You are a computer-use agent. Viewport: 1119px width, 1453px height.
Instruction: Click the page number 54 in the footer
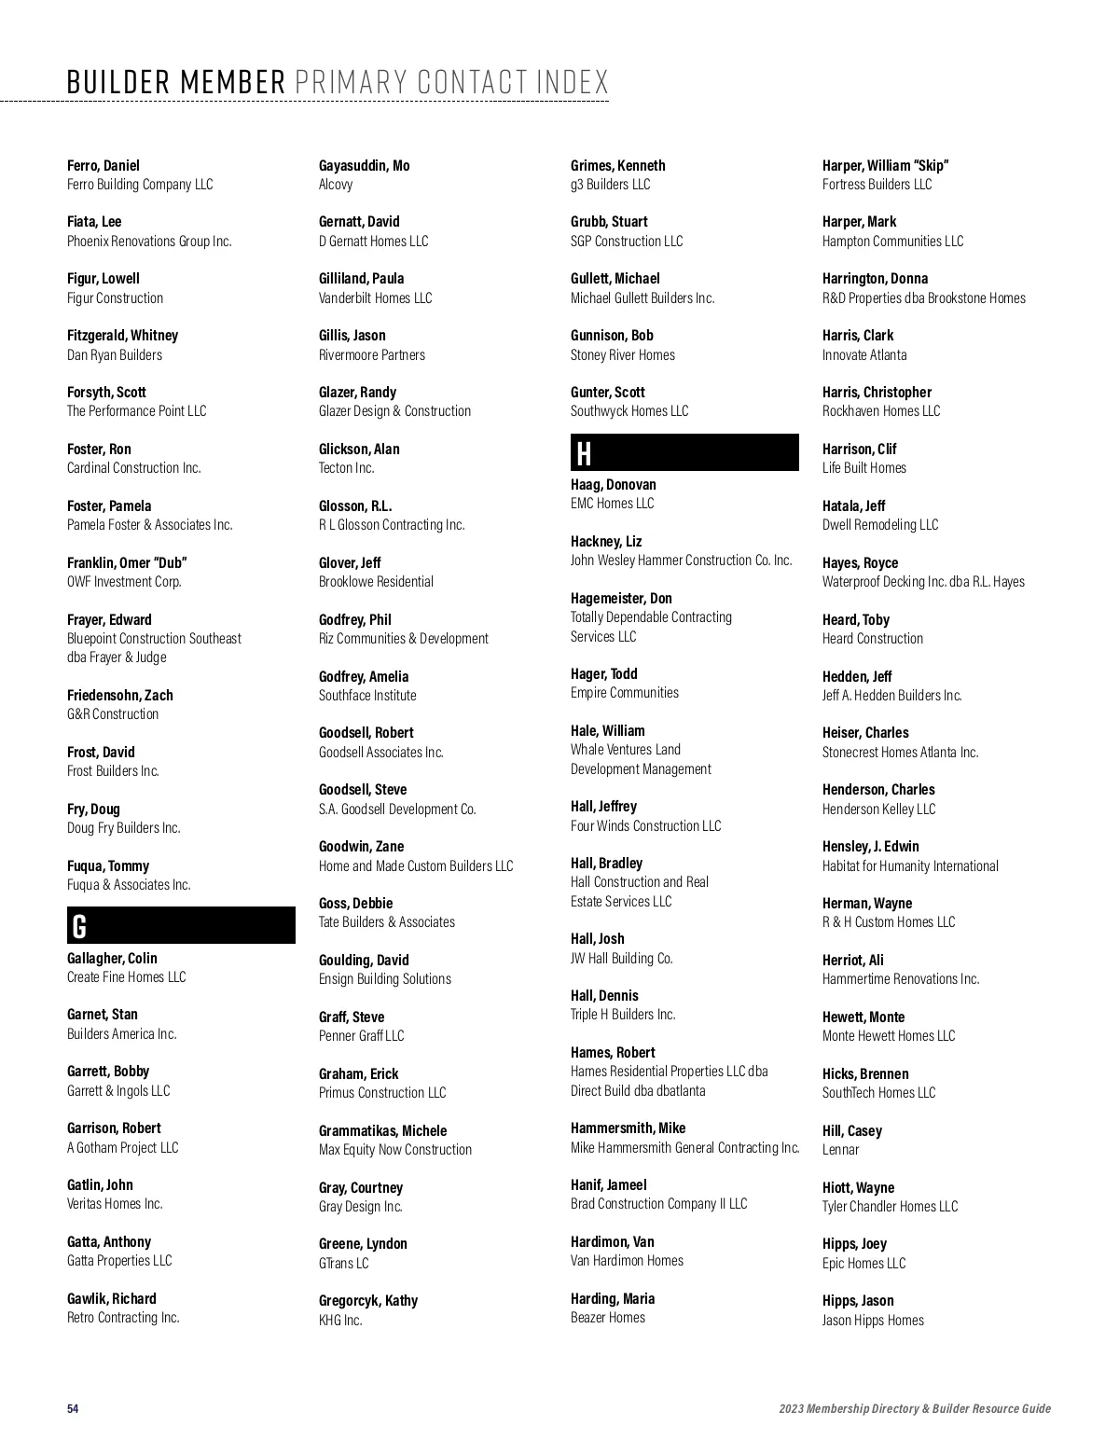coord(73,1408)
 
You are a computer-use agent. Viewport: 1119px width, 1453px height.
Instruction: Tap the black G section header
coord(181,926)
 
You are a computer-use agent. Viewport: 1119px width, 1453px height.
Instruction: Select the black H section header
coord(684,453)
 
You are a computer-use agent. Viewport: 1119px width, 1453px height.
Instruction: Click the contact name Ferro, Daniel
coord(104,166)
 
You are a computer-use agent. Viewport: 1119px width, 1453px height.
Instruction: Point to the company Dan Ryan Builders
coord(115,355)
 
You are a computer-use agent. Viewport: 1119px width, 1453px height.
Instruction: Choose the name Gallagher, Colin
coord(112,959)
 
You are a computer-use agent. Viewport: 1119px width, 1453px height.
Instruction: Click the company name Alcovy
coord(336,185)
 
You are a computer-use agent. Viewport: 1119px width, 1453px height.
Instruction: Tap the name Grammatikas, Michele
coord(382,1131)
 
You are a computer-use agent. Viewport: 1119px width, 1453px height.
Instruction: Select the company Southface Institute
coord(367,696)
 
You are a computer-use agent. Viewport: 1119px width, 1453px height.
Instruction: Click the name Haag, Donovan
coord(613,485)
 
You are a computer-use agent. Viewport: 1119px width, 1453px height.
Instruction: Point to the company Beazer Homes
coord(607,1318)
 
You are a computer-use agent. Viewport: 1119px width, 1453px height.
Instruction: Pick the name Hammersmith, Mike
coord(628,1128)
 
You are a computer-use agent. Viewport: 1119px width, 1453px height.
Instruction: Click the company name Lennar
coord(840,1150)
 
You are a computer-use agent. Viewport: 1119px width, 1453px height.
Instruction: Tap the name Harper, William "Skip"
coord(885,166)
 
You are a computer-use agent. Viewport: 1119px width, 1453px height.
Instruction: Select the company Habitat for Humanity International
coord(910,866)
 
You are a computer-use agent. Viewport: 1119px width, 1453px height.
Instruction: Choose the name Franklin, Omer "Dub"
coord(127,563)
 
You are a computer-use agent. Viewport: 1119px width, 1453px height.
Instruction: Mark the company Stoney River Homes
coord(622,355)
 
